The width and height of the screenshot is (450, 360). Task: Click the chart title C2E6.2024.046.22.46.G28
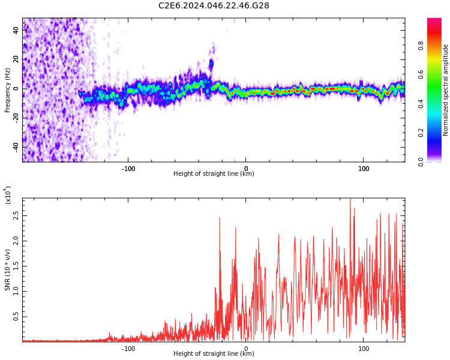click(x=214, y=5)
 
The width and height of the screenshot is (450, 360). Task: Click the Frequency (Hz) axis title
click(x=8, y=90)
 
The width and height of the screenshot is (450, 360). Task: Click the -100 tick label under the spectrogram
click(x=128, y=168)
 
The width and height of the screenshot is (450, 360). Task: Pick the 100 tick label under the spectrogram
click(x=364, y=168)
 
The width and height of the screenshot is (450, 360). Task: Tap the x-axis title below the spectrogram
click(x=214, y=174)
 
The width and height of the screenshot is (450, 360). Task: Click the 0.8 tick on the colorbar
click(x=437, y=44)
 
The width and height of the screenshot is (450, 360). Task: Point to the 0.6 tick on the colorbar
click(x=437, y=74)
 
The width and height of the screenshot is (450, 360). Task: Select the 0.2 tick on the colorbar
click(x=437, y=133)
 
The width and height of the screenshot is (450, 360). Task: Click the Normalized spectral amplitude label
click(x=446, y=90)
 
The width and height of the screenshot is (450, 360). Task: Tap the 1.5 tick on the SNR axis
click(x=16, y=266)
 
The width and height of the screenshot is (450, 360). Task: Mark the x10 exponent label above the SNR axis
click(x=8, y=195)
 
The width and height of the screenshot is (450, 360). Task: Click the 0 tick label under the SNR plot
click(x=246, y=348)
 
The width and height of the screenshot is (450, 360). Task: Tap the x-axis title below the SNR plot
click(x=214, y=354)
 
